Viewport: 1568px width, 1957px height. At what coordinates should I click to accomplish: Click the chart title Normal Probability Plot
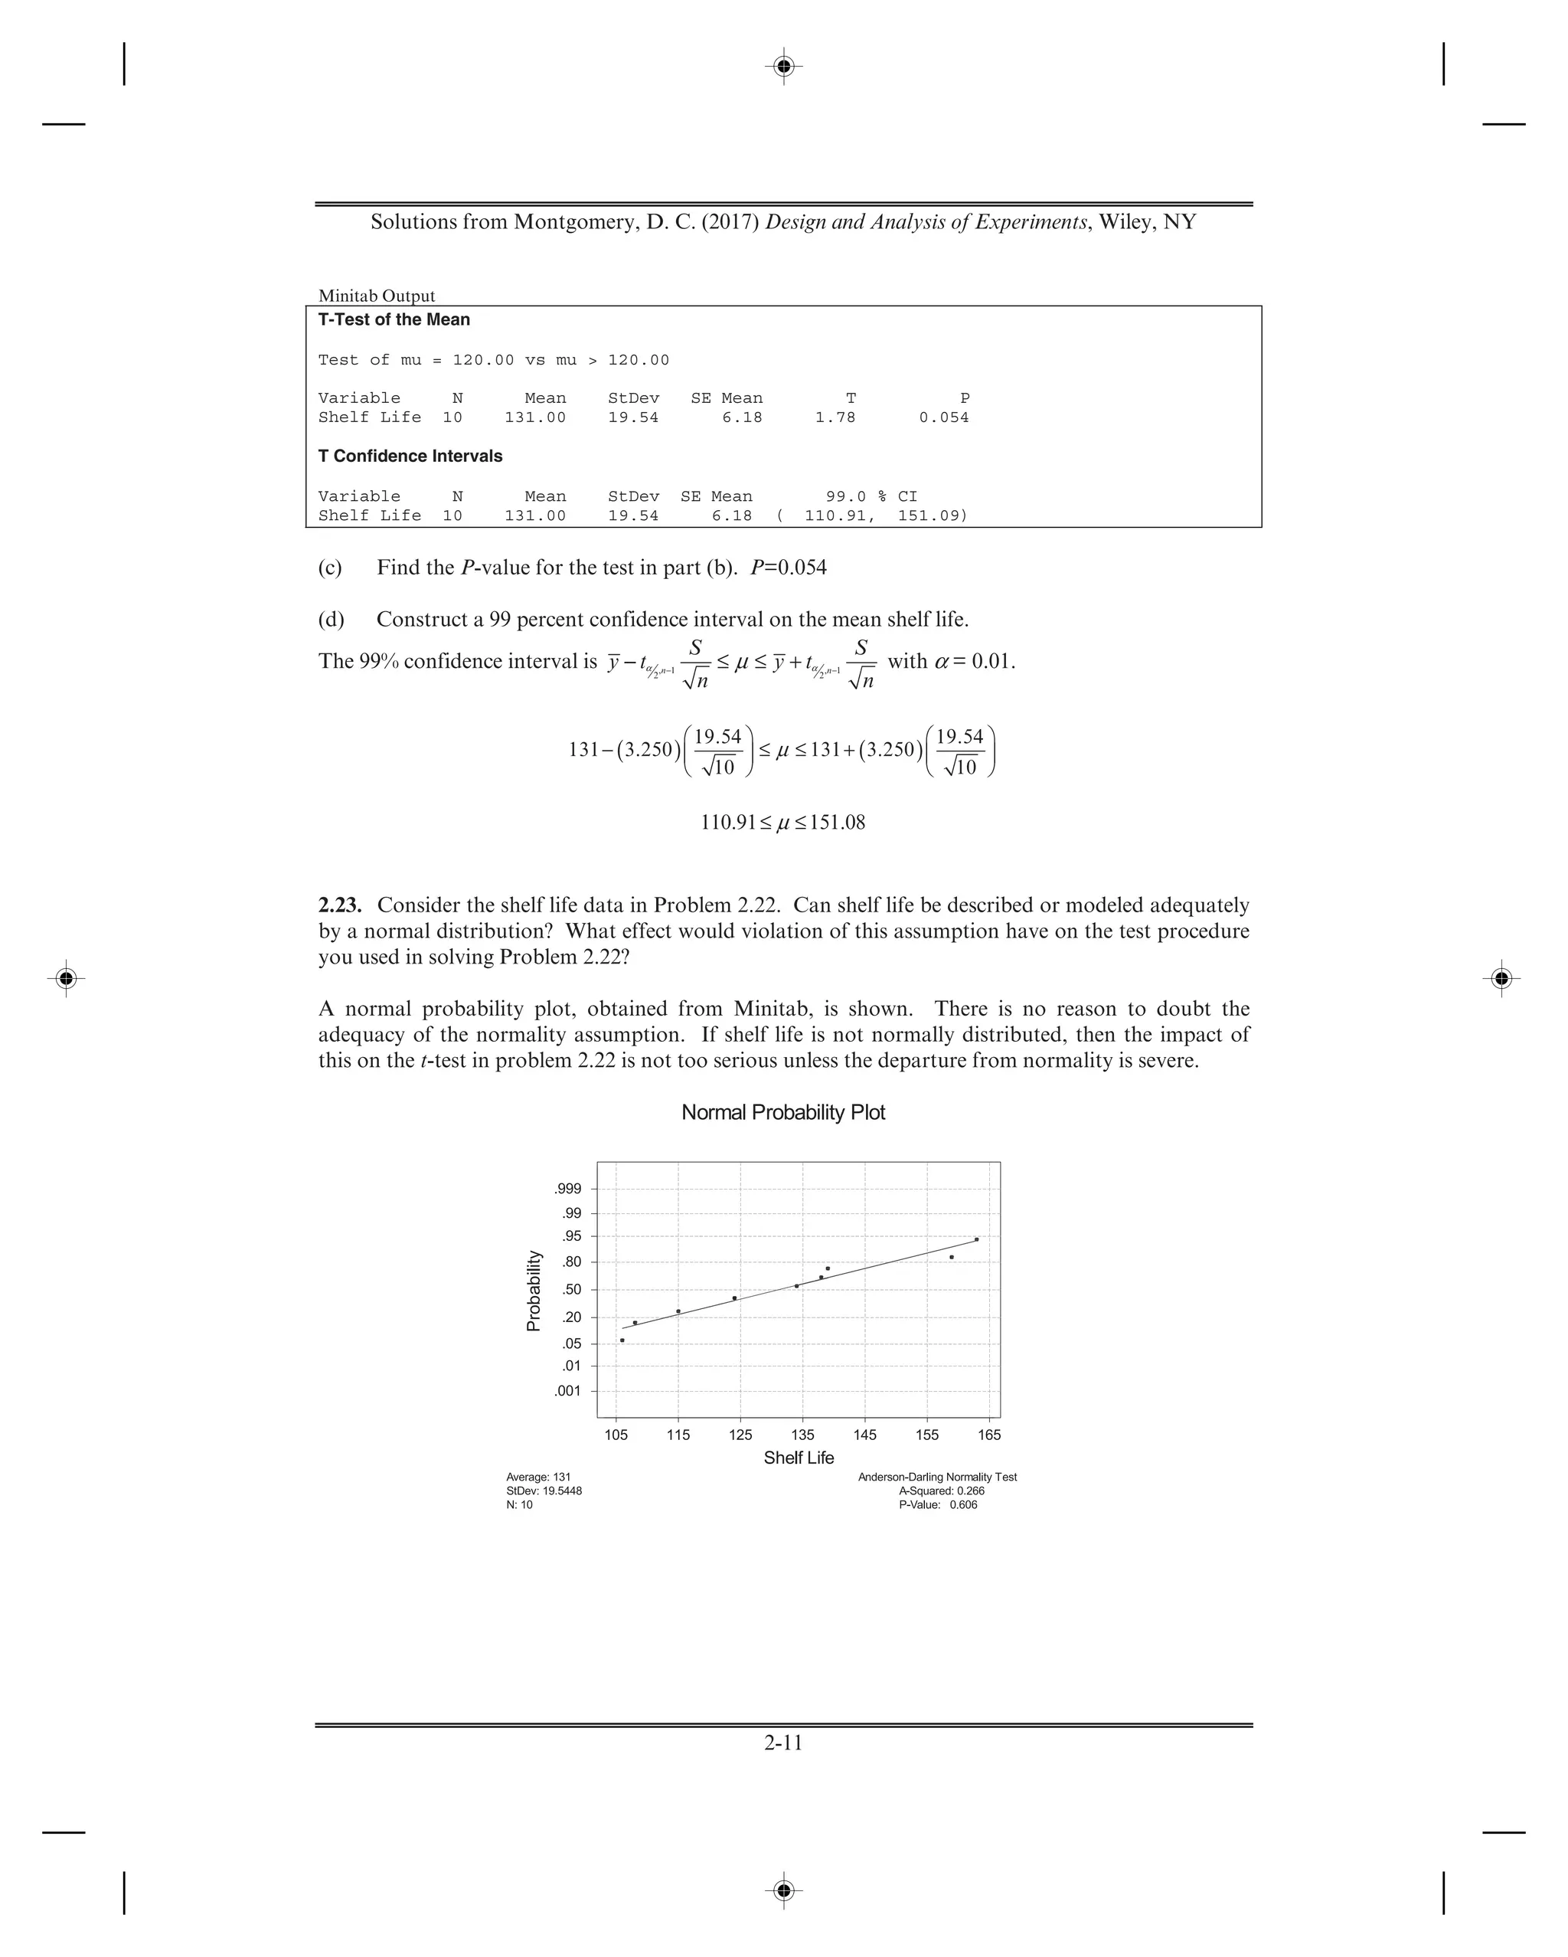coord(783,1112)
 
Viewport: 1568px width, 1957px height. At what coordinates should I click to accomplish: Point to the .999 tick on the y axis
coord(568,1189)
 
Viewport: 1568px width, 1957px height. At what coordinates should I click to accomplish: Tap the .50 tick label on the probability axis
coord(572,1290)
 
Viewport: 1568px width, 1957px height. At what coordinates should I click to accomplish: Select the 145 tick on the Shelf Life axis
coord(864,1435)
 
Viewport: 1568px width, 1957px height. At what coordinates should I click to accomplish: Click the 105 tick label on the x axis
coord(616,1435)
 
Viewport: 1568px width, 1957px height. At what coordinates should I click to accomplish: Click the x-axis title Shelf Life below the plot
coord(799,1458)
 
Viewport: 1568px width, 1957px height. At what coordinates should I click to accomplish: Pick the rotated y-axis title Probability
coord(534,1291)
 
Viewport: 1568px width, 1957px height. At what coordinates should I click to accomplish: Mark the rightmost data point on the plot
coord(976,1239)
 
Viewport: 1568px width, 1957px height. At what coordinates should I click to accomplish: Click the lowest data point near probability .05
coord(622,1340)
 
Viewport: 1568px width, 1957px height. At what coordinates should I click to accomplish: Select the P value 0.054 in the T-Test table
coord(944,417)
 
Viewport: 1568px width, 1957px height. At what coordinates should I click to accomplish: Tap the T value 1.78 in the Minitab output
coord(835,417)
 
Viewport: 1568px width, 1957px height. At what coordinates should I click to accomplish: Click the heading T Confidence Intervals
coord(410,456)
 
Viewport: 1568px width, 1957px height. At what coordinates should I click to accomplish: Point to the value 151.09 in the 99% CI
coord(932,515)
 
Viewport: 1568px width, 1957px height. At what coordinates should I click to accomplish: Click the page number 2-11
coord(783,1742)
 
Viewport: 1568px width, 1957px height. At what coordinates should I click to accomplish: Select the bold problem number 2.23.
coord(340,905)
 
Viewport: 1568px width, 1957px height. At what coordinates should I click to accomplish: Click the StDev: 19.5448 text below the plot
coord(544,1491)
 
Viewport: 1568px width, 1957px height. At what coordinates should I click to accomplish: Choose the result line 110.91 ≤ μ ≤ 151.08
coord(783,823)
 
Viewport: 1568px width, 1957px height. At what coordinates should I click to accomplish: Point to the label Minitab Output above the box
coord(377,296)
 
